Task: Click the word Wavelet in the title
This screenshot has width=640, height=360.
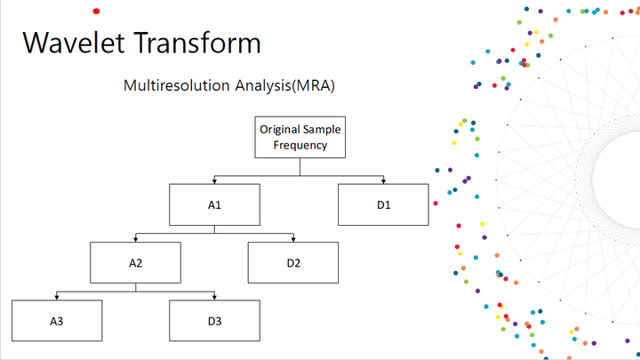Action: click(74, 43)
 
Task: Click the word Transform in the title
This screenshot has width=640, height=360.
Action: click(197, 43)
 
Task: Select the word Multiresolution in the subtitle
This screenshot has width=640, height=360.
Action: click(176, 85)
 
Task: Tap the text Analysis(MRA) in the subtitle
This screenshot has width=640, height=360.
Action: click(285, 85)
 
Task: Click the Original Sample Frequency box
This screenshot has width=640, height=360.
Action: click(300, 137)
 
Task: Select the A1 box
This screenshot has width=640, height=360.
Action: click(215, 204)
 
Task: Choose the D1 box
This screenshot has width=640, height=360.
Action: click(383, 204)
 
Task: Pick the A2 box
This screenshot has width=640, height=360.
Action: click(135, 262)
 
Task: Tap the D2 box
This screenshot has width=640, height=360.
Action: click(293, 262)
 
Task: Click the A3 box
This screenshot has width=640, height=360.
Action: click(57, 321)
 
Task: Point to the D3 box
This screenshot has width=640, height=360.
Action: click(215, 321)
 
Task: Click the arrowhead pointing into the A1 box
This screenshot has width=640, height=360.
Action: click(215, 181)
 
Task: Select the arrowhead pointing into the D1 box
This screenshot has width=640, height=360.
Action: click(383, 181)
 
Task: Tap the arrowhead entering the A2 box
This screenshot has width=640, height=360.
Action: click(135, 240)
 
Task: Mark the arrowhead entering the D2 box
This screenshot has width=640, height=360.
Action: click(293, 240)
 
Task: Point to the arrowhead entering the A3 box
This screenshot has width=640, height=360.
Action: click(57, 298)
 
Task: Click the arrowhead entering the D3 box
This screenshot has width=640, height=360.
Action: click(215, 298)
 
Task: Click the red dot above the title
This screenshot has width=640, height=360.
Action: click(96, 12)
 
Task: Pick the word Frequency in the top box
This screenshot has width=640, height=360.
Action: click(300, 145)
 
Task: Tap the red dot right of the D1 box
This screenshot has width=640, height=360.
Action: click(436, 204)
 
